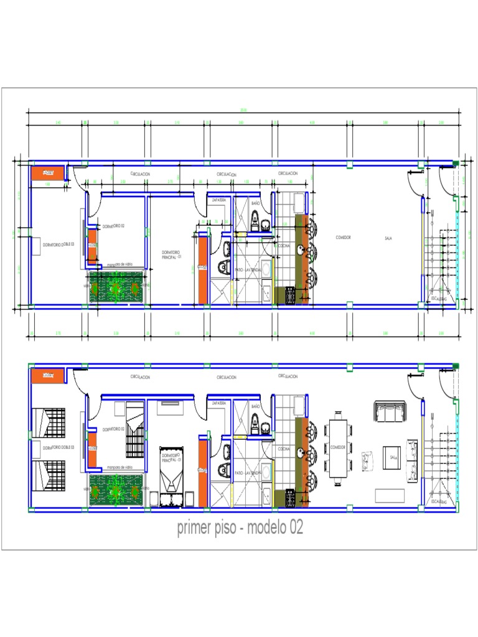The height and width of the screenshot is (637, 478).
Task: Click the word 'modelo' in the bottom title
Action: click(x=266, y=528)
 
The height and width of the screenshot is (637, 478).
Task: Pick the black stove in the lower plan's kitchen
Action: click(x=290, y=498)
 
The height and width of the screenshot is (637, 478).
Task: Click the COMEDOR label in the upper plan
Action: click(x=344, y=237)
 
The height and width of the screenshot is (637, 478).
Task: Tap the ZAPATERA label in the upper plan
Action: click(x=218, y=200)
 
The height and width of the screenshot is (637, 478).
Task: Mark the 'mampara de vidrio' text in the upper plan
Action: click(x=119, y=264)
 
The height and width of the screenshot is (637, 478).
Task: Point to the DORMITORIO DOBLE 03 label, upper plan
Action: click(x=59, y=244)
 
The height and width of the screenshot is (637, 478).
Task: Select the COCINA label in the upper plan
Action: click(x=283, y=246)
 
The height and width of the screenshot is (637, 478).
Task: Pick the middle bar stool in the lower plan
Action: click(x=311, y=452)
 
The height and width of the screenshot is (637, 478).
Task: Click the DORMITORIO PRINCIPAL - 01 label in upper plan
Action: click(x=171, y=254)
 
